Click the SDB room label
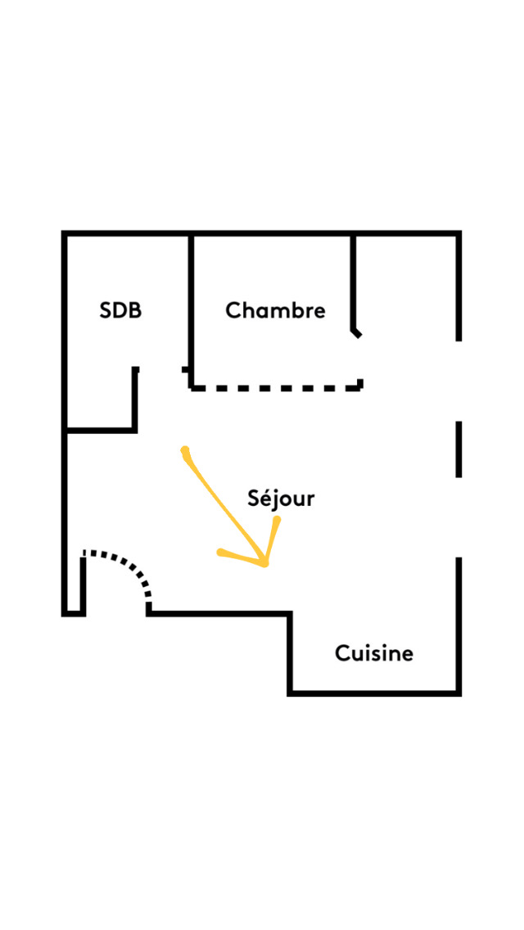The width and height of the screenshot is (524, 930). point(120,311)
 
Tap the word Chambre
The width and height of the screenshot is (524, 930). point(275,310)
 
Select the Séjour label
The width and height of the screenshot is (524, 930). point(281,499)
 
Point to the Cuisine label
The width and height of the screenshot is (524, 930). point(374,653)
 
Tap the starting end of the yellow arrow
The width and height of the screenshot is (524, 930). point(184,449)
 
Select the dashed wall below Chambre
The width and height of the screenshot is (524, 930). point(276,389)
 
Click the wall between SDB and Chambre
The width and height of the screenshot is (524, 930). point(191,309)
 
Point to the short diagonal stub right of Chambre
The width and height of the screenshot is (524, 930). point(356,332)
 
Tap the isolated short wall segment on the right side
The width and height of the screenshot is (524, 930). point(458,449)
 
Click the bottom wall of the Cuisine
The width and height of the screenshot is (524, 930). point(374,692)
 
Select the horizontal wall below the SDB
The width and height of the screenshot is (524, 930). point(101,430)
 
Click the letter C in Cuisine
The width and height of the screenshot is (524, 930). point(342,653)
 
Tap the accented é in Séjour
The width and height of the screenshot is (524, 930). point(267,497)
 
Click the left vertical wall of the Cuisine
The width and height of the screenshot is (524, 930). point(290,652)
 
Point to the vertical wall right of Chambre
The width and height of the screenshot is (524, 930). point(353,282)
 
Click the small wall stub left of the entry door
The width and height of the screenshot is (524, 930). point(83,585)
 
